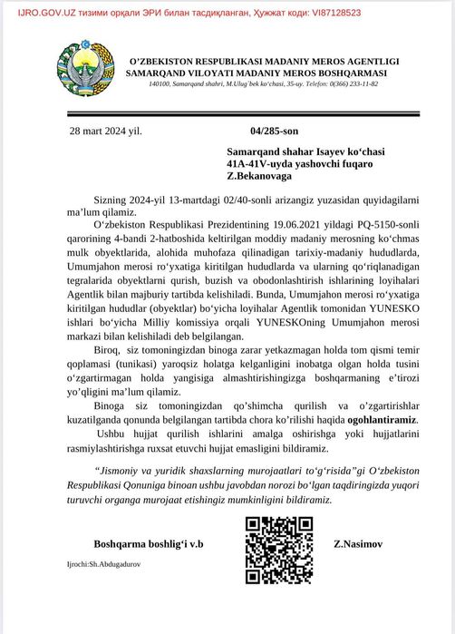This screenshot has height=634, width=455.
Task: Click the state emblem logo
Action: pyautogui.click(x=88, y=63)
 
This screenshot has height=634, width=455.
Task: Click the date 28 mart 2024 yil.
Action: pyautogui.click(x=105, y=131)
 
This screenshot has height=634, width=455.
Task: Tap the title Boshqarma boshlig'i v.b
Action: pyautogui.click(x=149, y=544)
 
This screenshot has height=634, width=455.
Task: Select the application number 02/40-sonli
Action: pyautogui.click(x=245, y=197)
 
